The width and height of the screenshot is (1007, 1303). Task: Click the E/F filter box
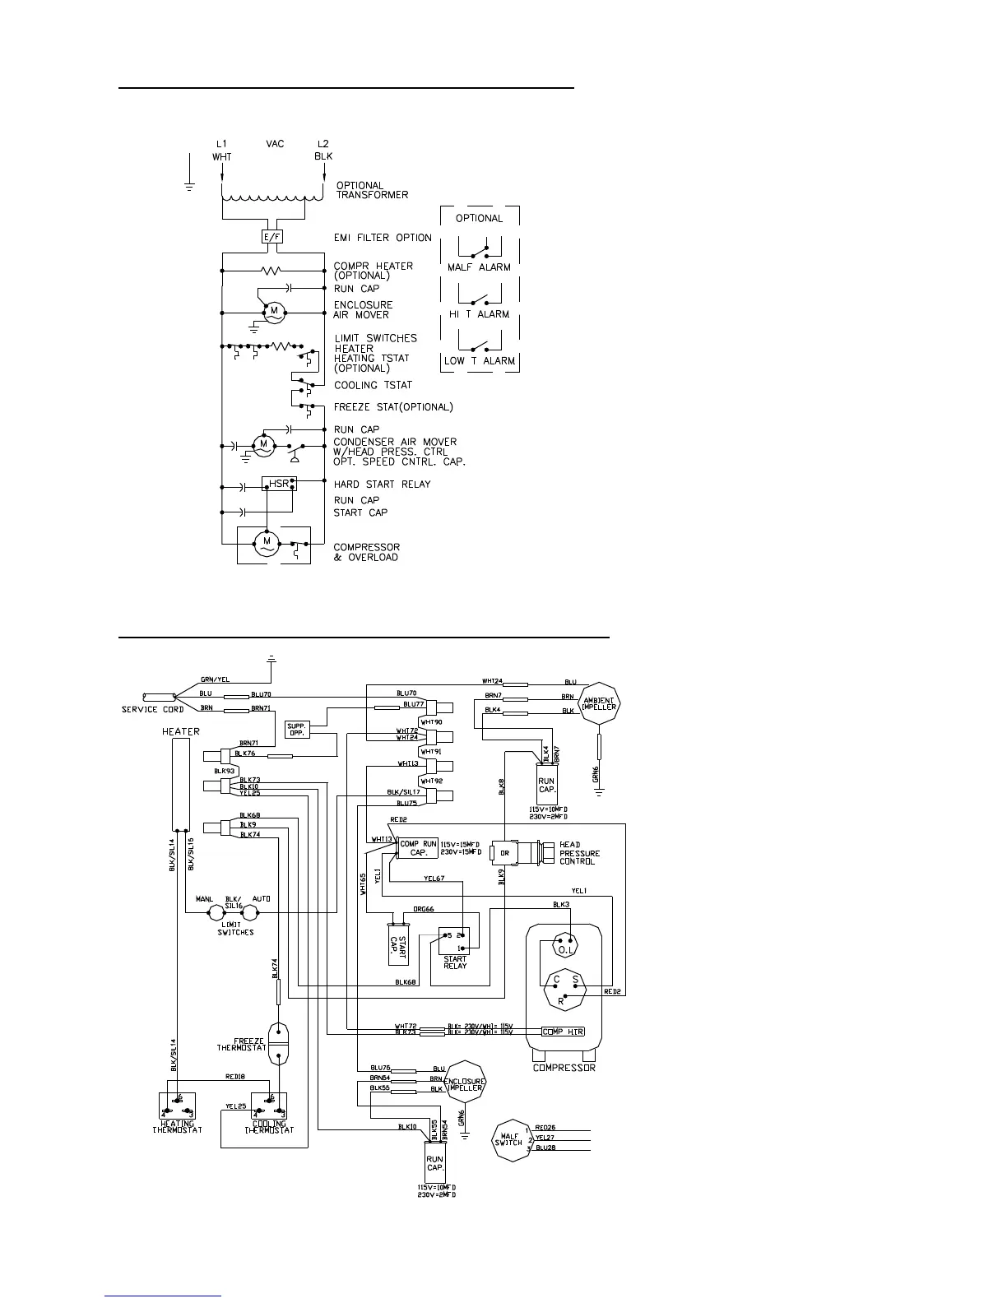(271, 238)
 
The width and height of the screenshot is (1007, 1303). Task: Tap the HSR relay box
(279, 484)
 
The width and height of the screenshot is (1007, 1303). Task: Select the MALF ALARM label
(479, 267)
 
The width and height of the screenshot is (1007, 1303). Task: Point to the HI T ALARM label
(479, 314)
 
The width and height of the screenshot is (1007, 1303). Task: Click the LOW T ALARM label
(479, 361)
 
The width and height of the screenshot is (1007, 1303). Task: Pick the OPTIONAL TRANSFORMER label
(372, 190)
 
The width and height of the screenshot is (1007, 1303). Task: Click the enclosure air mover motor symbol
(273, 311)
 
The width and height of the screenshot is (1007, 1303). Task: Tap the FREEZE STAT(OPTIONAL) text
(393, 407)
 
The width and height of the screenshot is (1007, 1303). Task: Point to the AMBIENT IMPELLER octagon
(600, 703)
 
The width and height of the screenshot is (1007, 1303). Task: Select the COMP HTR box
(563, 1032)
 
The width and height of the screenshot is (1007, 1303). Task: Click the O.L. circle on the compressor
(564, 948)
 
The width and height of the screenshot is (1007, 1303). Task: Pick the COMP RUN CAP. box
(418, 848)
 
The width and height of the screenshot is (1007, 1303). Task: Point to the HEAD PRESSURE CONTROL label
(579, 853)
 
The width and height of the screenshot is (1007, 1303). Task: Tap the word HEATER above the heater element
(180, 731)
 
